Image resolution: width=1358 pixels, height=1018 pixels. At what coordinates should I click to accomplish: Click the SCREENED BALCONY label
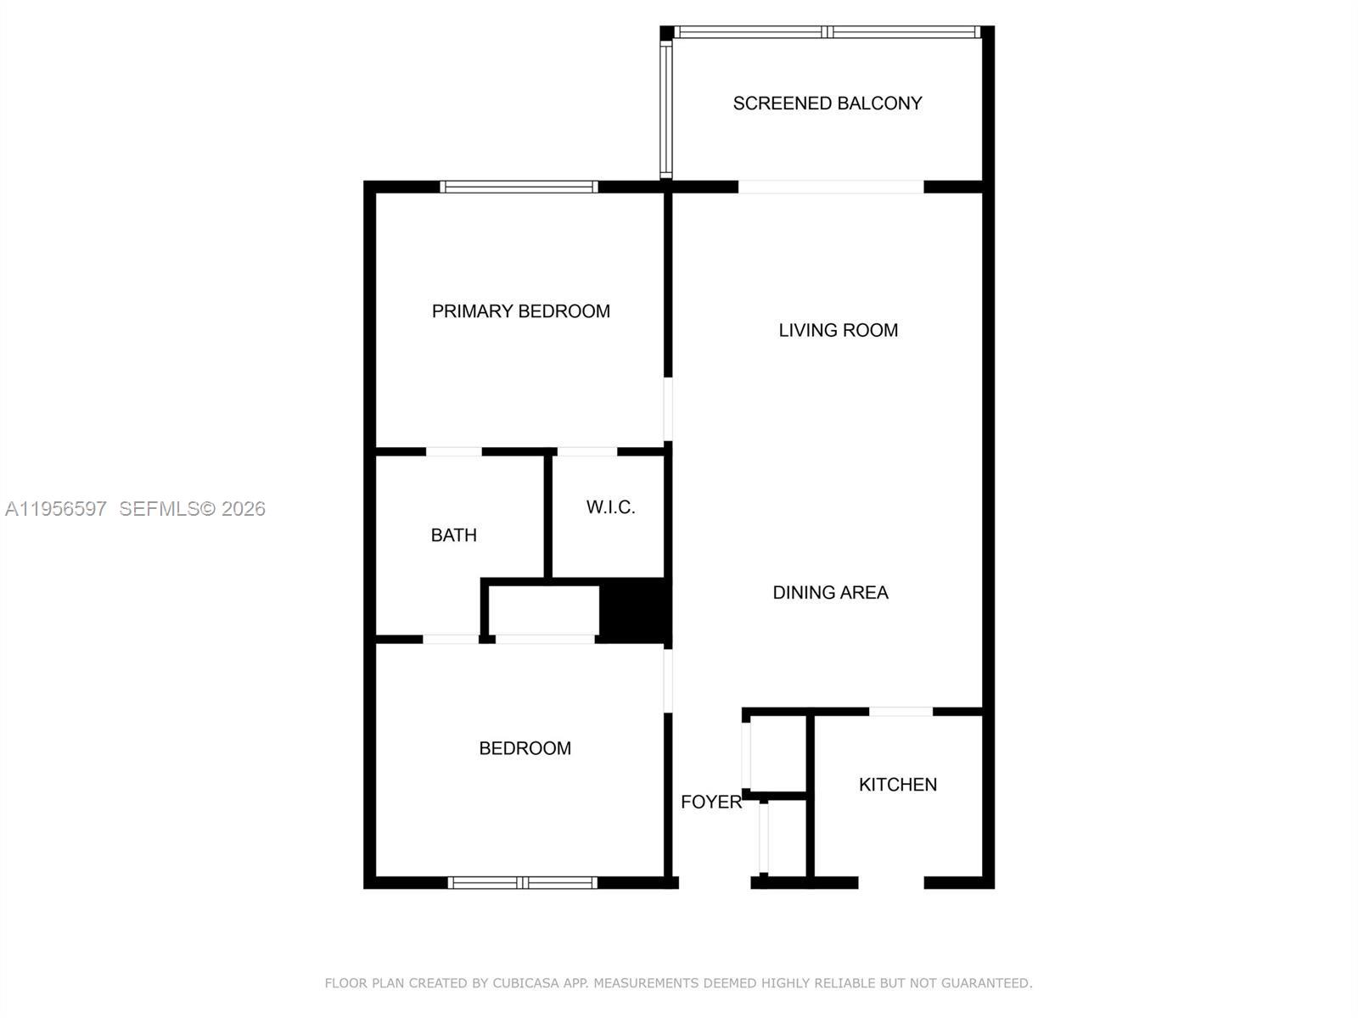827,103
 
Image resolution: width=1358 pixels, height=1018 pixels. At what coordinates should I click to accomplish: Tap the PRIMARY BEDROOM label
520,311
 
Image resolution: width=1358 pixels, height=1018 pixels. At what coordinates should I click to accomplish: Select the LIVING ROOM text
838,330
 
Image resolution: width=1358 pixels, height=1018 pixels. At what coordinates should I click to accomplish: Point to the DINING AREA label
830,593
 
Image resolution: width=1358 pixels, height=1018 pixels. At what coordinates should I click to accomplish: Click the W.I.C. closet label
610,507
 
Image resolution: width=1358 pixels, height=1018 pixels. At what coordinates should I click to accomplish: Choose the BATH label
453,535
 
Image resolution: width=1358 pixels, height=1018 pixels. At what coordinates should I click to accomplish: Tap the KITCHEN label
897,785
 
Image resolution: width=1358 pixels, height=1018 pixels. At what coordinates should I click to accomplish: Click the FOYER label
710,802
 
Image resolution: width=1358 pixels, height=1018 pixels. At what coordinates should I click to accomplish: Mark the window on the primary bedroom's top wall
519,187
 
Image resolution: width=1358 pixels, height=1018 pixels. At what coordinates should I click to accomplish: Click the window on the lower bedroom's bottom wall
522,882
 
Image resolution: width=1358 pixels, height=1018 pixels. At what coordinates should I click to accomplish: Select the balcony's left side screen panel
666,108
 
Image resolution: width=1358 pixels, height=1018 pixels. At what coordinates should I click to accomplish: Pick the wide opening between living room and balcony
830,187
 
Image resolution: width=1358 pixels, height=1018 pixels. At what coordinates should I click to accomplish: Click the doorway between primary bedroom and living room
668,409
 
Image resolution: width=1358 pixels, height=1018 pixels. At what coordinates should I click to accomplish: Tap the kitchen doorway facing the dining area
901,712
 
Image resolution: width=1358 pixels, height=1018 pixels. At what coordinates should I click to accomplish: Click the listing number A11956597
56,509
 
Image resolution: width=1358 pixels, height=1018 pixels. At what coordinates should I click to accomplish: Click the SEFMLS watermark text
159,509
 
